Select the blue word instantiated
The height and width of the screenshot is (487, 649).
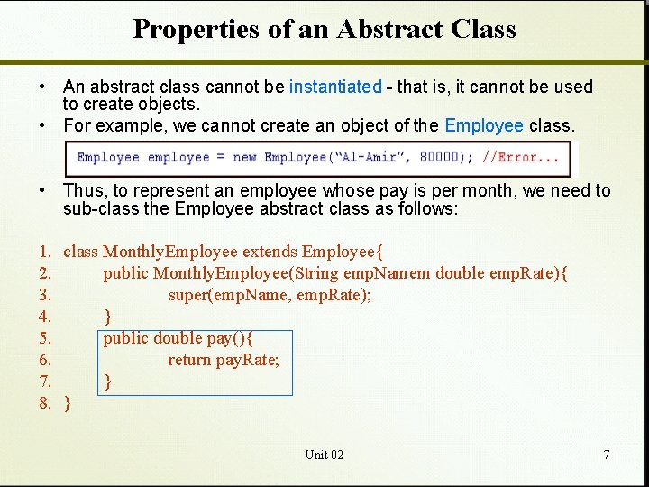click(335, 87)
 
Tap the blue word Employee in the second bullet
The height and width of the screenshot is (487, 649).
click(484, 125)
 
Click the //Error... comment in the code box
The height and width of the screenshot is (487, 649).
click(521, 157)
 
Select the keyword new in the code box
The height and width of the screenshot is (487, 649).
click(244, 157)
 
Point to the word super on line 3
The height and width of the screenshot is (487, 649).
click(188, 295)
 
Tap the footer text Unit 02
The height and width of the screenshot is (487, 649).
click(324, 455)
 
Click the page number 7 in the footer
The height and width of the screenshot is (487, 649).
click(607, 455)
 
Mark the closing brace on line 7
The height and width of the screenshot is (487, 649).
click(108, 382)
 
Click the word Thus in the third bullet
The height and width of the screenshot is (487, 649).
click(80, 190)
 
